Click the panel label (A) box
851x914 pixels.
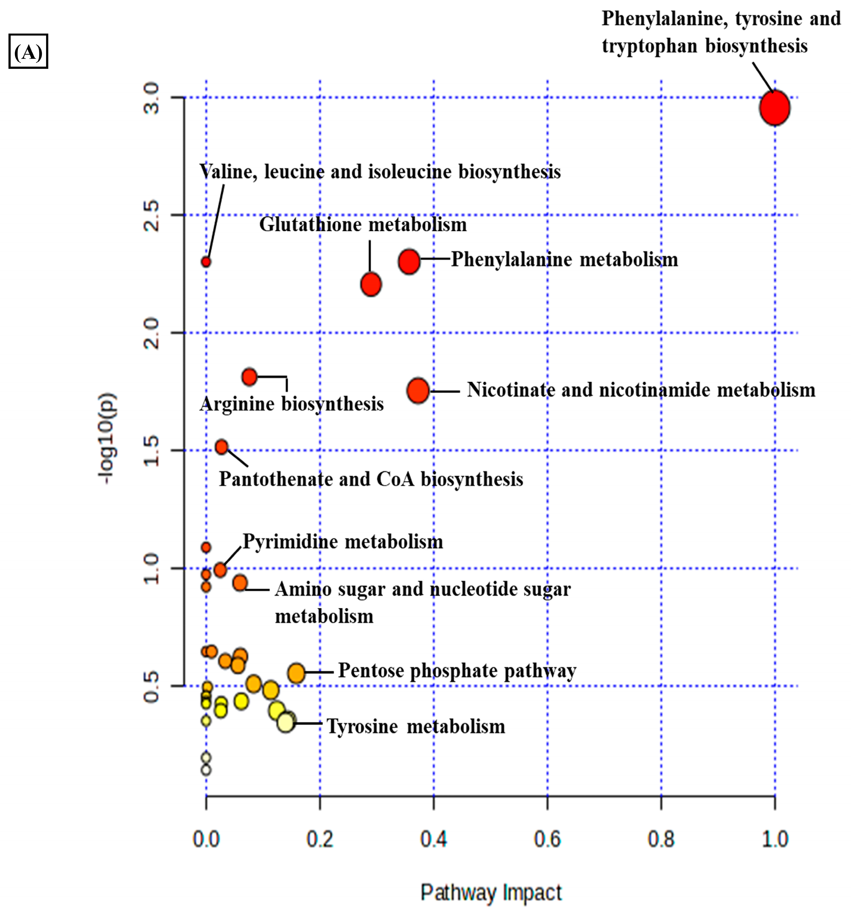coord(28,51)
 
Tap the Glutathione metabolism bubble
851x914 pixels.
coord(371,284)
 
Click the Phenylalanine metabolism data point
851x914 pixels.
coord(409,261)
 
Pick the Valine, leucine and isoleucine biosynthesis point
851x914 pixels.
coord(206,262)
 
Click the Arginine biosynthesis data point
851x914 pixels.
coord(249,376)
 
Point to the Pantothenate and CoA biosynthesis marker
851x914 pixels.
coord(222,446)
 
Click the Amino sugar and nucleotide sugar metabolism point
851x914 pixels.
coord(239,582)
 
